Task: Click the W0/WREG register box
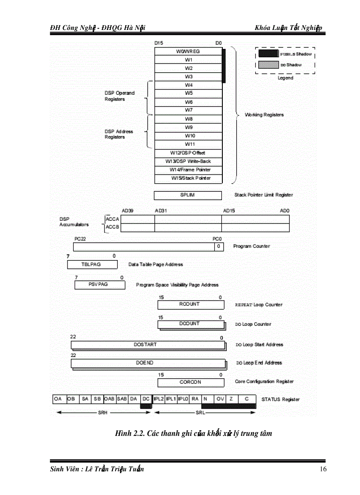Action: pyautogui.click(x=188, y=52)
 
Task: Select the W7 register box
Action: pyautogui.click(x=188, y=110)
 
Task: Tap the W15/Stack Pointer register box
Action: pyautogui.click(x=188, y=178)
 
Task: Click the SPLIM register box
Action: pyautogui.click(x=187, y=195)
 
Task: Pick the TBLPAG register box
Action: pyautogui.click(x=92, y=264)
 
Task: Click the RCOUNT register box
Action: pyautogui.click(x=190, y=305)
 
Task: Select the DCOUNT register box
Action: pyautogui.click(x=190, y=324)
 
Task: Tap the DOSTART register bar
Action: pyautogui.click(x=146, y=345)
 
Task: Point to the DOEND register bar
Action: pyautogui.click(x=146, y=363)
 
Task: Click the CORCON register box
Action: pyautogui.click(x=190, y=382)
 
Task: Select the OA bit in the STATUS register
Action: pyautogui.click(x=58, y=399)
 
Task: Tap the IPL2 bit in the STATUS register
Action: pyautogui.click(x=158, y=399)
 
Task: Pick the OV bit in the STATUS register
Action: pyautogui.click(x=220, y=399)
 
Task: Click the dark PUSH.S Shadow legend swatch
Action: pyautogui.click(x=267, y=54)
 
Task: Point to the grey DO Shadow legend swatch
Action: pyautogui.click(x=267, y=65)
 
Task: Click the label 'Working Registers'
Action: pyautogui.click(x=264, y=115)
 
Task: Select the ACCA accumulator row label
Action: pyautogui.click(x=112, y=219)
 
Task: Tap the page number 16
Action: pyautogui.click(x=323, y=469)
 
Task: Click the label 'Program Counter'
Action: pyautogui.click(x=251, y=246)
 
